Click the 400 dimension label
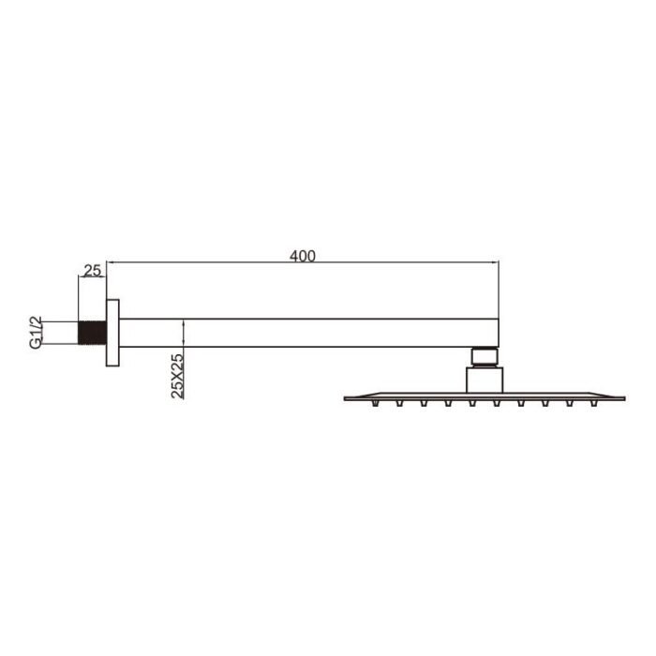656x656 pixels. click(x=303, y=256)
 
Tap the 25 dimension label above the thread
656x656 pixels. click(x=93, y=271)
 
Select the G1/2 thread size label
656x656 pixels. click(x=37, y=333)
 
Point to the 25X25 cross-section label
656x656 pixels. click(x=177, y=376)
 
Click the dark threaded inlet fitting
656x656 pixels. click(x=93, y=333)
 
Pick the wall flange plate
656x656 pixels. click(x=112, y=333)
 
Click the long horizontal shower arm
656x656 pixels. click(x=308, y=333)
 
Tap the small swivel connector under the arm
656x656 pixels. click(x=485, y=356)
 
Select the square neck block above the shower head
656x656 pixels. click(x=485, y=380)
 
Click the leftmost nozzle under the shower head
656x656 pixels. click(x=376, y=403)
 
